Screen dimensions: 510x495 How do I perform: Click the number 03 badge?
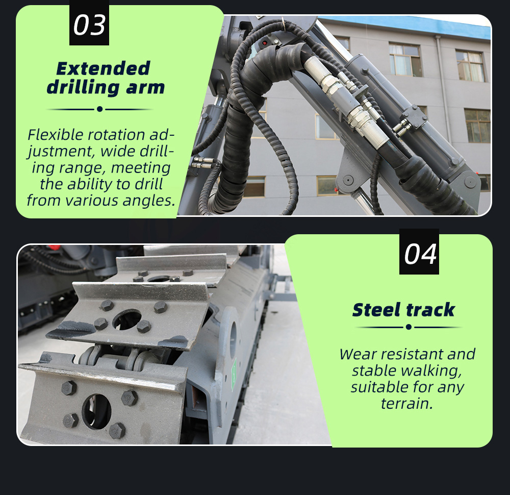pyautogui.click(x=89, y=23)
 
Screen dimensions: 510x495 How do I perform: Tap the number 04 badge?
pyautogui.click(x=419, y=252)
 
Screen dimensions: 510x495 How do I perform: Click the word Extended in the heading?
pyautogui.click(x=103, y=68)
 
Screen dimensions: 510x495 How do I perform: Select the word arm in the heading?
pyautogui.click(x=145, y=87)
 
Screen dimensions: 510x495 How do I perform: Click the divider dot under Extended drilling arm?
pyautogui.click(x=100, y=109)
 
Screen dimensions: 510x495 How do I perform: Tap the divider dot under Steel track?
pyautogui.click(x=409, y=327)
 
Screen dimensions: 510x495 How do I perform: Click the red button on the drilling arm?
pyautogui.click(x=265, y=43)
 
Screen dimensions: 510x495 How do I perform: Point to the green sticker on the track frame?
pyautogui.click(x=233, y=375)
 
